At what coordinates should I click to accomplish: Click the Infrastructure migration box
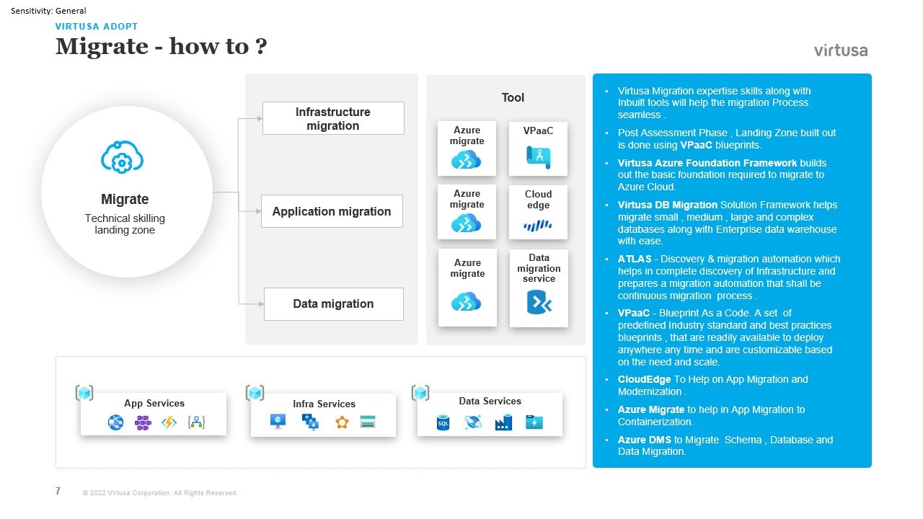(333, 118)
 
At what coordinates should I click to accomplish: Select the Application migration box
(332, 211)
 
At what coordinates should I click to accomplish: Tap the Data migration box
(333, 303)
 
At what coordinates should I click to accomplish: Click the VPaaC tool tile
(538, 148)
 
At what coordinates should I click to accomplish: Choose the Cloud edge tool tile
(538, 212)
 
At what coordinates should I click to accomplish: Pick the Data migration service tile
(539, 288)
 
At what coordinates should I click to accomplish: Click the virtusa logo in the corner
(841, 50)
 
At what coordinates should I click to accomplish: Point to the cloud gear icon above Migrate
(122, 157)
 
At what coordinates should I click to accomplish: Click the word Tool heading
(513, 97)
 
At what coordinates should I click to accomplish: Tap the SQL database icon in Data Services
(443, 423)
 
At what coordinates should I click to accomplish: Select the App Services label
(154, 403)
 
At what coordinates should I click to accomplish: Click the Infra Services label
(324, 404)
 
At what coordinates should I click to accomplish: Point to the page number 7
(58, 491)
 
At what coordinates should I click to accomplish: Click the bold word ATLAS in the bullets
(634, 259)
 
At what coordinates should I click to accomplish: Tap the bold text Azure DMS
(644, 440)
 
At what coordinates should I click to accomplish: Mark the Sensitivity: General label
(48, 11)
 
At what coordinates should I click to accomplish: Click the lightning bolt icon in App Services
(169, 423)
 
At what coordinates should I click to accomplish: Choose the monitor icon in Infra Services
(278, 421)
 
